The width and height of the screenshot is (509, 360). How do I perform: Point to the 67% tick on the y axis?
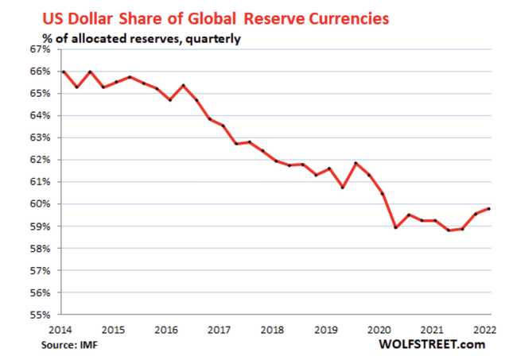click(39, 49)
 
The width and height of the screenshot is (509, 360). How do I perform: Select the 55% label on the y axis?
click(39, 315)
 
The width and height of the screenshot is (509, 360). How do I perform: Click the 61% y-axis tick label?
click(39, 182)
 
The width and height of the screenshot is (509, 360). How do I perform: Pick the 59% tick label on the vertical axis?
click(39, 226)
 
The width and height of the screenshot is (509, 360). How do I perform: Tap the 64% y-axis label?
click(39, 116)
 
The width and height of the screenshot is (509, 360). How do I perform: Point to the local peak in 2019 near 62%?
click(355, 164)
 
